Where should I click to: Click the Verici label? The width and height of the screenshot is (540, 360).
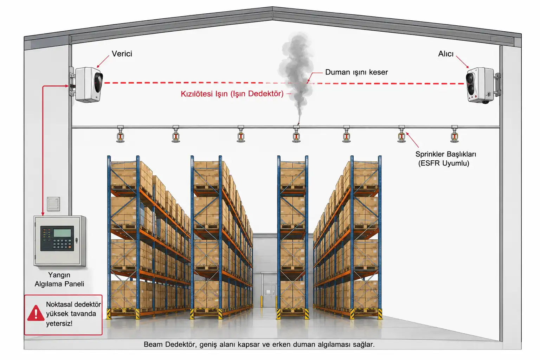click(x=122, y=53)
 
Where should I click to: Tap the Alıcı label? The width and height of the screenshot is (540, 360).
click(x=446, y=54)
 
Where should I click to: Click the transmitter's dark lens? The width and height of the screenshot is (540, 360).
click(x=98, y=82)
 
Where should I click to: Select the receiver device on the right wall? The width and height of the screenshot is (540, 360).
click(x=482, y=85)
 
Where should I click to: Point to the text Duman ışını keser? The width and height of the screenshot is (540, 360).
click(x=356, y=72)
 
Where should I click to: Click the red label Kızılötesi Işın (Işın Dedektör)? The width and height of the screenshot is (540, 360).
click(x=232, y=94)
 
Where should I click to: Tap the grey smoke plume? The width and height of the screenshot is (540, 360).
click(x=296, y=75)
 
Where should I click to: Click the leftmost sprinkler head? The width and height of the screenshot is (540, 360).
click(x=120, y=135)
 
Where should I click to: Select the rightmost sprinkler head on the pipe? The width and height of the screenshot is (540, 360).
click(x=455, y=135)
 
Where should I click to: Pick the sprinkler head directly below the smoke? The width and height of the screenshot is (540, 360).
click(x=296, y=135)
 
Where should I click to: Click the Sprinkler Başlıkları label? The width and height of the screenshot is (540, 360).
click(x=445, y=154)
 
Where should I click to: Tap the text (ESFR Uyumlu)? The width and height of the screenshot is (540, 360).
click(x=444, y=163)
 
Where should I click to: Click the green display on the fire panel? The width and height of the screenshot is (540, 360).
click(x=62, y=233)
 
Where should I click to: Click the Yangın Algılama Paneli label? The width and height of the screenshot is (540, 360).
click(x=59, y=279)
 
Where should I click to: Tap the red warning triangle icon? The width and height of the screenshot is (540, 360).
click(x=36, y=313)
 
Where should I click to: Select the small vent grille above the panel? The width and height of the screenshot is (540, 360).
click(x=53, y=204)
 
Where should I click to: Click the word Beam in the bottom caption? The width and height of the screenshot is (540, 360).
click(x=153, y=344)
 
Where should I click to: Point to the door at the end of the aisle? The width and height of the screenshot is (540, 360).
click(x=270, y=290)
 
